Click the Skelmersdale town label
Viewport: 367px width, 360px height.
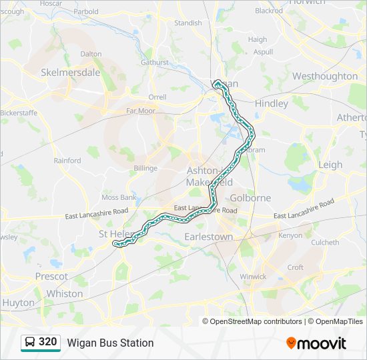(x=70, y=72)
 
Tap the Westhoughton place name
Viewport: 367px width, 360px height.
(x=324, y=76)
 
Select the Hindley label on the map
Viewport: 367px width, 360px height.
(x=272, y=103)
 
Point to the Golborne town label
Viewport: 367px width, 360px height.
(x=250, y=198)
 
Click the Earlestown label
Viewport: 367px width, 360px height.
(x=209, y=237)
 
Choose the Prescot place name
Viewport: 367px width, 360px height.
(x=51, y=276)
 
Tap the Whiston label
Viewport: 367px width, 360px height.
(x=65, y=293)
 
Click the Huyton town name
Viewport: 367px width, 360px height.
(x=18, y=302)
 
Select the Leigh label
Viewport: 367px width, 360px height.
(x=330, y=165)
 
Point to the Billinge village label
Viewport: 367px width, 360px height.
(x=145, y=168)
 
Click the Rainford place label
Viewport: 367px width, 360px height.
(x=67, y=161)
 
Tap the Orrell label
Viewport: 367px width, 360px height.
(x=157, y=97)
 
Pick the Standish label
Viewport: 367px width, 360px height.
(x=188, y=23)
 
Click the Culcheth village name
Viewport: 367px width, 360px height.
(x=325, y=243)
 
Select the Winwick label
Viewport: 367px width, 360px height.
(x=253, y=277)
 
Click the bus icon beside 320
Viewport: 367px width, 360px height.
(x=29, y=343)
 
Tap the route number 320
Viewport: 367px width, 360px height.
(x=47, y=342)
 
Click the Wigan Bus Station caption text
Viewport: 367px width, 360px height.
(x=110, y=343)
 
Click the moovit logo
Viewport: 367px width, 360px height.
(x=316, y=343)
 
